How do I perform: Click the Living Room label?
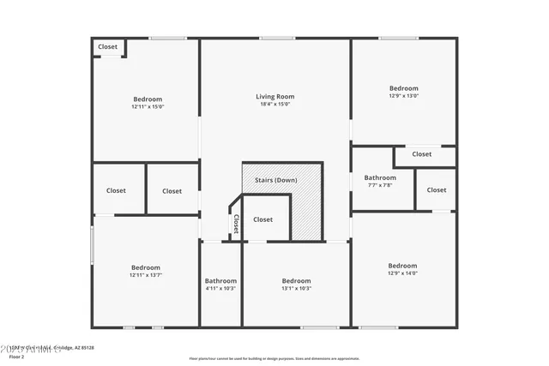coord(274,97)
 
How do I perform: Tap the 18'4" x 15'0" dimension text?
coord(274,105)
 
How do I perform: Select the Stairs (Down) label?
coord(275,180)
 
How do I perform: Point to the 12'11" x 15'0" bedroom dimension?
coord(147,108)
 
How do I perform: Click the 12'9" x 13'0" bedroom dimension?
coord(404,96)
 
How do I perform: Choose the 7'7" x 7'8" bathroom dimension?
coord(380,186)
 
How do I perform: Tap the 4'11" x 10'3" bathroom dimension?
coord(220,289)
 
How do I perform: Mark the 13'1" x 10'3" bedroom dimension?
coord(296,289)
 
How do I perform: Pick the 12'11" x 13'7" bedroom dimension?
coord(146,275)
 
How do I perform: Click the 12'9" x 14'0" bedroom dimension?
coord(402,273)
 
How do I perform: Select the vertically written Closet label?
coord(235,224)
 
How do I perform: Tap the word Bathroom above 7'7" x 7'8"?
coord(380,177)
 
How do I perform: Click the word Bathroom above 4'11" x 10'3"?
coord(220,280)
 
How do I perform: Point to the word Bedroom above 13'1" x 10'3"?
coord(296,280)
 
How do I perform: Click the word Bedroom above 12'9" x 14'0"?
coord(402,265)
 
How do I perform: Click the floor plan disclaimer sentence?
coord(274,358)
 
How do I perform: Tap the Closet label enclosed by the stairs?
coord(262,219)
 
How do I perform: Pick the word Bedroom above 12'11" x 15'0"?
coord(147,99)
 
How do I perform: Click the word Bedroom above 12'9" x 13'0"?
coord(404,87)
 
